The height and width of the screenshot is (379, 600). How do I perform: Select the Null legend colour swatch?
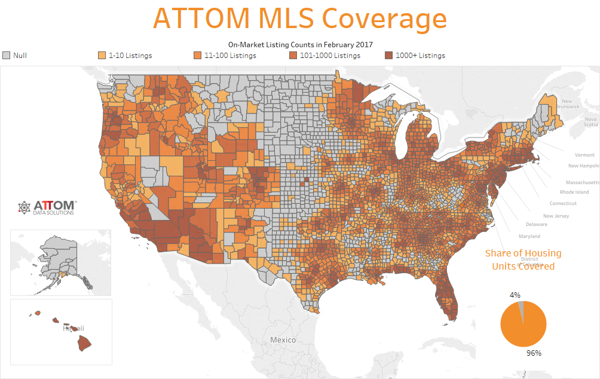(x=7, y=56)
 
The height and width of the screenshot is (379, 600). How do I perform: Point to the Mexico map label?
(x=283, y=340)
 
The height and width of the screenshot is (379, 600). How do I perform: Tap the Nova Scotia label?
(x=590, y=121)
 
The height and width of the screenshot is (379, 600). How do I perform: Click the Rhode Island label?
(x=574, y=192)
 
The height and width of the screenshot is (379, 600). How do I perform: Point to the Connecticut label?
(x=563, y=204)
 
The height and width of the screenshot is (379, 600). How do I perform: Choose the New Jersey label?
(x=556, y=216)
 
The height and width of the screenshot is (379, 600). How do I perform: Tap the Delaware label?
(x=536, y=225)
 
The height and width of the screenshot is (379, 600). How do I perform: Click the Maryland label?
(x=529, y=236)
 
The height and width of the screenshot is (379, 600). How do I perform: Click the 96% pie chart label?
(x=534, y=353)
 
